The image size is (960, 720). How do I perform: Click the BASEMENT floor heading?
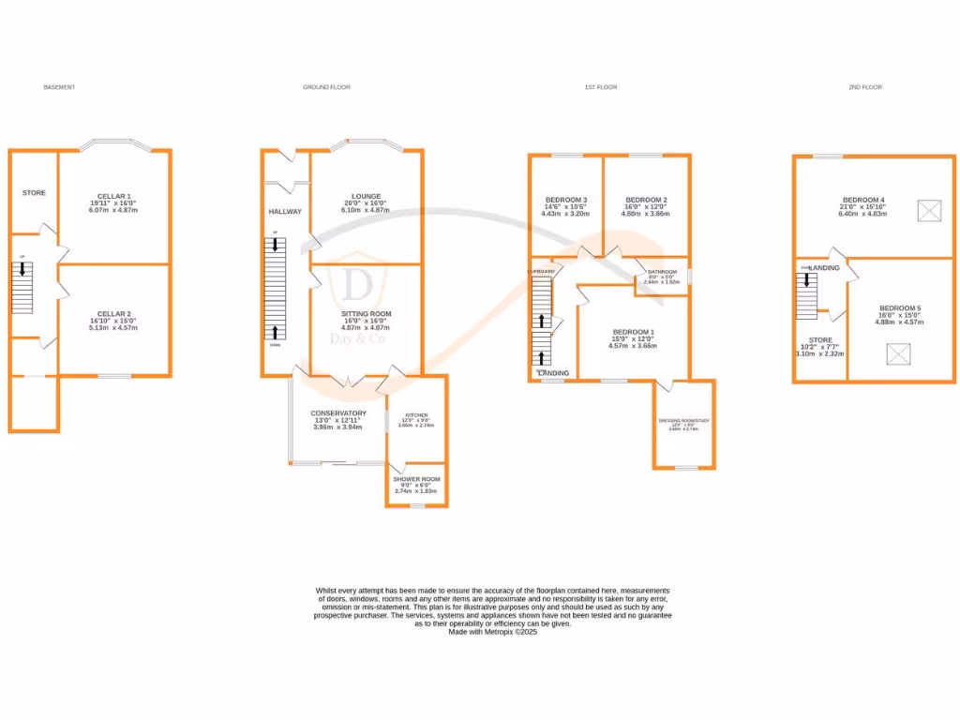[x=59, y=87]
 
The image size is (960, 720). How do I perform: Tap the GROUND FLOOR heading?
[x=326, y=87]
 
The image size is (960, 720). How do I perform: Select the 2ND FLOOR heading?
[x=864, y=87]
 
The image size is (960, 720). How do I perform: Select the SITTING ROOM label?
[x=366, y=314]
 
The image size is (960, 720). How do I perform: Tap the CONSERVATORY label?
[x=338, y=413]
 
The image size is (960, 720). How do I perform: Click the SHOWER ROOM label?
[x=416, y=478]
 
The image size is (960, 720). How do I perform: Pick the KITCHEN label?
[x=415, y=414]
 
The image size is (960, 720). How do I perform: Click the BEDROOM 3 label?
[x=565, y=200]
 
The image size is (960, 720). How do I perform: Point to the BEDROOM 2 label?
[x=645, y=200]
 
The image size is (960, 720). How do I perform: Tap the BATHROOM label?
[x=662, y=272]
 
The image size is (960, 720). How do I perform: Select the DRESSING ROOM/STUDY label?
[x=683, y=421]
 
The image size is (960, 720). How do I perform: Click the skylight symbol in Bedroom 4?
[x=930, y=211]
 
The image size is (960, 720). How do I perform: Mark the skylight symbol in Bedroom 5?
[x=899, y=355]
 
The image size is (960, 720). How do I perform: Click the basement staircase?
[x=23, y=288]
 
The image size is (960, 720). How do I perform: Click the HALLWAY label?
[x=285, y=212]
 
